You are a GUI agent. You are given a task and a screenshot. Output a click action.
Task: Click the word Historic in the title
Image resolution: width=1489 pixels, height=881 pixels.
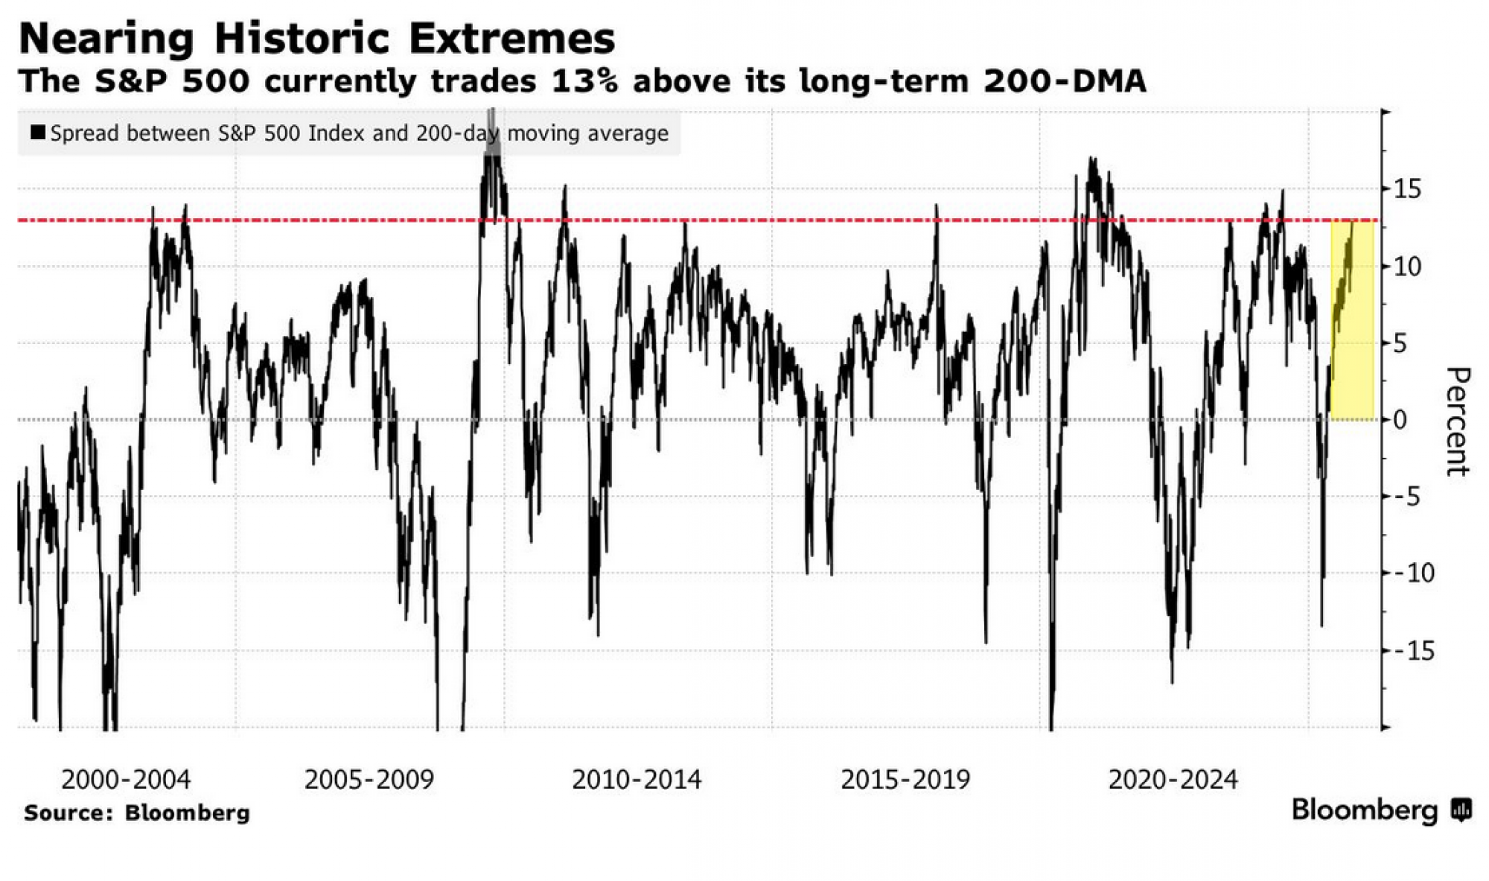[301, 39]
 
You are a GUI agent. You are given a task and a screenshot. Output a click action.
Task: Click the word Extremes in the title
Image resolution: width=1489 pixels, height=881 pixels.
[511, 39]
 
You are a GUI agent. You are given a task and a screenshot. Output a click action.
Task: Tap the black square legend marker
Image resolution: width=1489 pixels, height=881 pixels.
[37, 133]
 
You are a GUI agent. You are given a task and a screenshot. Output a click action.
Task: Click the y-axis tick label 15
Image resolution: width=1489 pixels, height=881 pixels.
[1407, 189]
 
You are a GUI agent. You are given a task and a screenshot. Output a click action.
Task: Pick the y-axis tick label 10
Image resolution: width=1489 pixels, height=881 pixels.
[1407, 267]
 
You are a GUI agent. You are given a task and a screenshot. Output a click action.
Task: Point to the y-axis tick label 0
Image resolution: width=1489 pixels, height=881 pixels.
[1400, 420]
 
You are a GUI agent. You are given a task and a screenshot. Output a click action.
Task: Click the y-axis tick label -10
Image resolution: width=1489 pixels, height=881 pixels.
[1413, 573]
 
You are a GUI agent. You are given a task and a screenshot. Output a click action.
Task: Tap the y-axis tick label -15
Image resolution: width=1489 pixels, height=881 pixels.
[1413, 651]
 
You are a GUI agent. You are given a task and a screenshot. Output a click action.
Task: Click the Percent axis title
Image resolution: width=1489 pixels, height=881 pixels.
[1458, 421]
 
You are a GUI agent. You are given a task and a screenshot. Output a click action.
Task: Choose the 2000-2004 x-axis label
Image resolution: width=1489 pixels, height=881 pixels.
[126, 780]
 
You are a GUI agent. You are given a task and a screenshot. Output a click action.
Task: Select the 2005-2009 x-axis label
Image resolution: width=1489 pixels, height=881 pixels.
[369, 780]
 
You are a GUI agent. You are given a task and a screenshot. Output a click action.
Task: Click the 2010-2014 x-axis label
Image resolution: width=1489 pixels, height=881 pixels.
[637, 780]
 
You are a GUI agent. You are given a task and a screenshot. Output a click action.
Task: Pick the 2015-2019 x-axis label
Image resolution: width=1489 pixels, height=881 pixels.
[905, 780]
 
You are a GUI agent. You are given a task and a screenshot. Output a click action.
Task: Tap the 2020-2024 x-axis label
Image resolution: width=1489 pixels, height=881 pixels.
[1173, 780]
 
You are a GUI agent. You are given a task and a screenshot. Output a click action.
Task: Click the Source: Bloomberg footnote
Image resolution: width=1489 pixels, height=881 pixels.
[137, 812]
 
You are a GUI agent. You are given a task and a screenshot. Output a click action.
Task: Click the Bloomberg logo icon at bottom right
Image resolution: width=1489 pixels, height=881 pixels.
[1461, 810]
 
